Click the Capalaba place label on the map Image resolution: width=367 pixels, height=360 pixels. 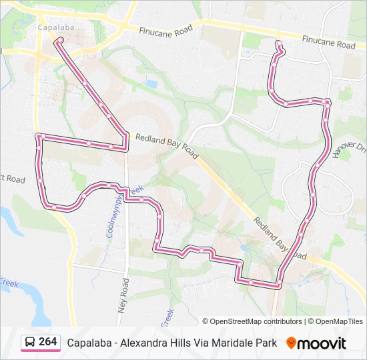click(55, 28)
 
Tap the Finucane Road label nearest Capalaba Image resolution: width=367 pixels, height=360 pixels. click(165, 30)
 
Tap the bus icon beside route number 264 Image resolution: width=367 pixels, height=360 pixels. click(31, 343)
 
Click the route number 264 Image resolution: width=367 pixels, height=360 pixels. click(47, 342)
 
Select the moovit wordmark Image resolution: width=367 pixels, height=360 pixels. click(322, 343)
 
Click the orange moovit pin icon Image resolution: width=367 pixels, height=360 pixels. click(291, 343)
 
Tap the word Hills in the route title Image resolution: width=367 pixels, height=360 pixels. click(177, 343)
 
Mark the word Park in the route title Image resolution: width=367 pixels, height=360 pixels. click(266, 343)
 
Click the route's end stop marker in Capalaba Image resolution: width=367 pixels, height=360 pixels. click(60, 41)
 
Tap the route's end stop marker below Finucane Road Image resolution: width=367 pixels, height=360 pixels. click(279, 45)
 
